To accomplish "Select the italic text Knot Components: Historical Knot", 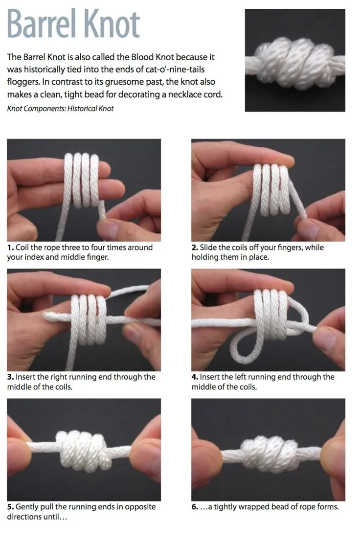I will tap(60, 109).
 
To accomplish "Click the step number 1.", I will tap(10, 248).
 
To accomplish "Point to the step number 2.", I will tap(194, 248).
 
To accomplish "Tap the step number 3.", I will tap(10, 377).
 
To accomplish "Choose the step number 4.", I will tap(194, 377).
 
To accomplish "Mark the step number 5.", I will tap(10, 507).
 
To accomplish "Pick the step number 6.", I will tap(194, 507).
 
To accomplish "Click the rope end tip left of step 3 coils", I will tap(48, 316).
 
